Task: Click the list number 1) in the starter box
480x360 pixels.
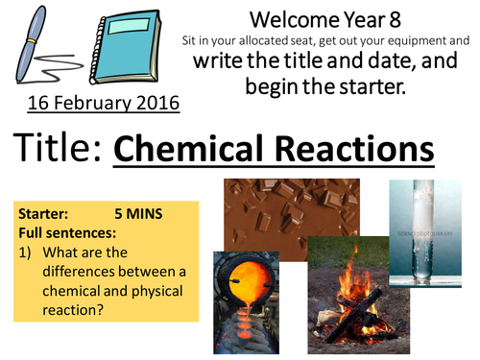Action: click(26, 251)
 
